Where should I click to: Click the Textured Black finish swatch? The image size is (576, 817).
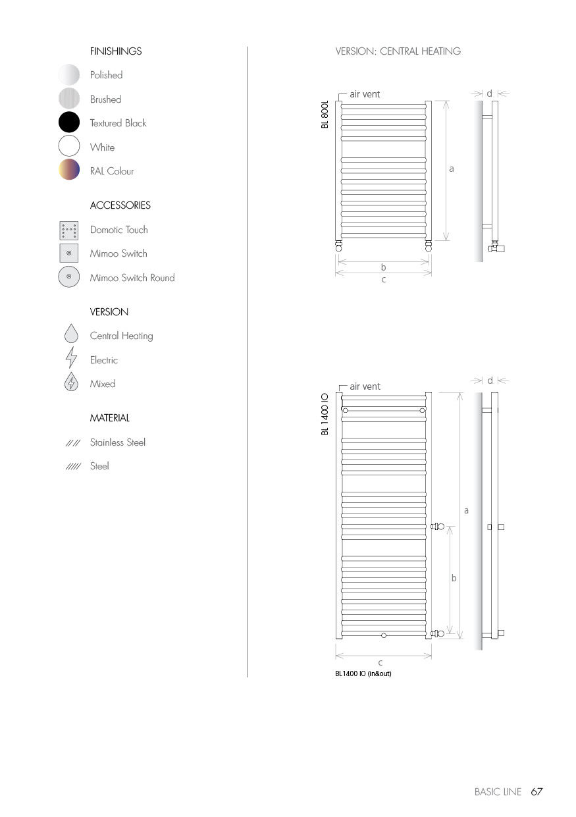[69, 123]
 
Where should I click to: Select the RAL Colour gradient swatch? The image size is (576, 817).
[69, 170]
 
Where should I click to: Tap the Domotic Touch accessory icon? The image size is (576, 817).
[68, 230]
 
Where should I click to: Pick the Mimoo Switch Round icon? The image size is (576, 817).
[68, 277]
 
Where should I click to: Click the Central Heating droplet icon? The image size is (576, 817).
[71, 335]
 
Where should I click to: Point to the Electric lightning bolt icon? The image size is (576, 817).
[71, 359]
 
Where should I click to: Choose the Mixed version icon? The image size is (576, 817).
[71, 383]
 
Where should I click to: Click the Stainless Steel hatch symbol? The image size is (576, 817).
[72, 443]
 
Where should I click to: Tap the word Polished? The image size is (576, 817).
[106, 75]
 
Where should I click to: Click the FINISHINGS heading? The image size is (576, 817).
[116, 51]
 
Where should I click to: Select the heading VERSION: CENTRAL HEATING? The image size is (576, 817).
[398, 51]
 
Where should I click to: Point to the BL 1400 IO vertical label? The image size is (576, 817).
[325, 414]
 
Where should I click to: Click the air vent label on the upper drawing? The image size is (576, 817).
[365, 95]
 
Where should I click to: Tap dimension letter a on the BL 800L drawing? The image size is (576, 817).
[452, 169]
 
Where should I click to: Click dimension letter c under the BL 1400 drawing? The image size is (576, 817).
[380, 663]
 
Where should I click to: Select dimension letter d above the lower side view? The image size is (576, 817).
[490, 381]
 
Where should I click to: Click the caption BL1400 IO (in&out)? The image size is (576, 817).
[363, 673]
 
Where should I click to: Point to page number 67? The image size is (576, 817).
[537, 792]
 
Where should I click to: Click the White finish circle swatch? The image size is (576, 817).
[69, 147]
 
